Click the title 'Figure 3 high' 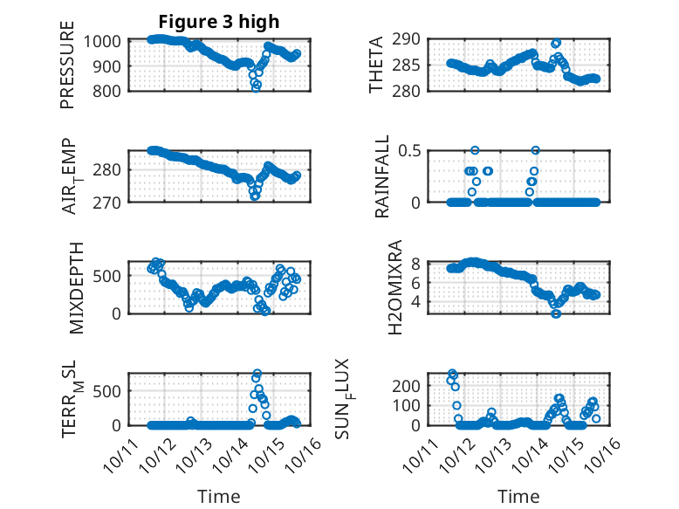(x=219, y=21)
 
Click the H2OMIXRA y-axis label (x=395, y=286)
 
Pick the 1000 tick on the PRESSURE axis (x=105, y=40)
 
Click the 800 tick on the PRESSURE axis (x=110, y=90)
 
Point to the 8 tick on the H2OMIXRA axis (x=416, y=264)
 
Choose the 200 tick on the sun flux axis (x=412, y=385)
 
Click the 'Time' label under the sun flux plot (x=518, y=496)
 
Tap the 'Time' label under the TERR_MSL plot (x=219, y=496)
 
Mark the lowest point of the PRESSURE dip (x=256, y=87)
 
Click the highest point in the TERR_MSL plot (x=257, y=374)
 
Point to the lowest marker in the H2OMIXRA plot (x=555, y=313)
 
